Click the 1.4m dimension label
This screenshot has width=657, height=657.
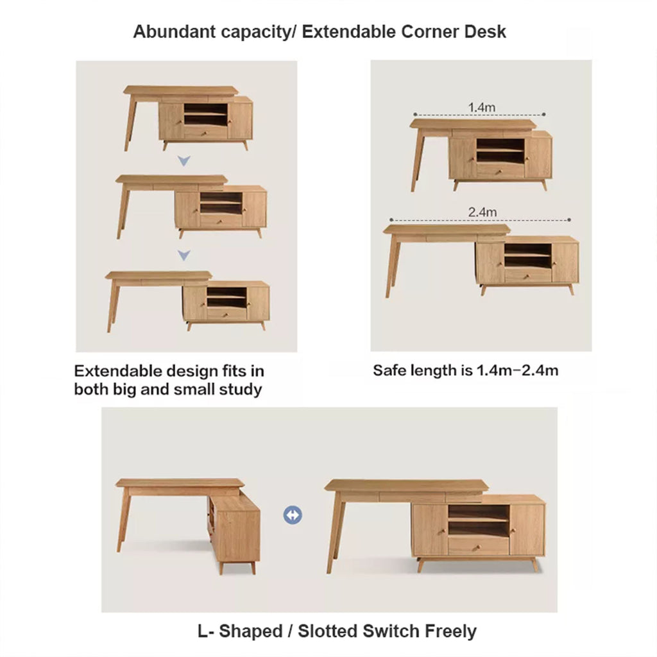click(481, 107)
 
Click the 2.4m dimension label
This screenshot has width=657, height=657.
click(482, 212)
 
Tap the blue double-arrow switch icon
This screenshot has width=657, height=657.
click(293, 515)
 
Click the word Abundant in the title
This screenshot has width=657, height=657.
click(174, 32)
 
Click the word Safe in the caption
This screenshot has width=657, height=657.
click(389, 370)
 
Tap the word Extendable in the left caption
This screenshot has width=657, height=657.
click(118, 371)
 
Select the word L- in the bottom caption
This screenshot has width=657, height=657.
click(205, 631)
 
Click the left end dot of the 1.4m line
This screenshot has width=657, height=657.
click(415, 114)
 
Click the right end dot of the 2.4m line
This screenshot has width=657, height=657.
click(569, 219)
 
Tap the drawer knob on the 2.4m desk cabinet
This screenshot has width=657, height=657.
click(527, 276)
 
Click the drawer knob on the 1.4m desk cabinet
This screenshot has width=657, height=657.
click(499, 171)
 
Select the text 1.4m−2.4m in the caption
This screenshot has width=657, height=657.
click(518, 370)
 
